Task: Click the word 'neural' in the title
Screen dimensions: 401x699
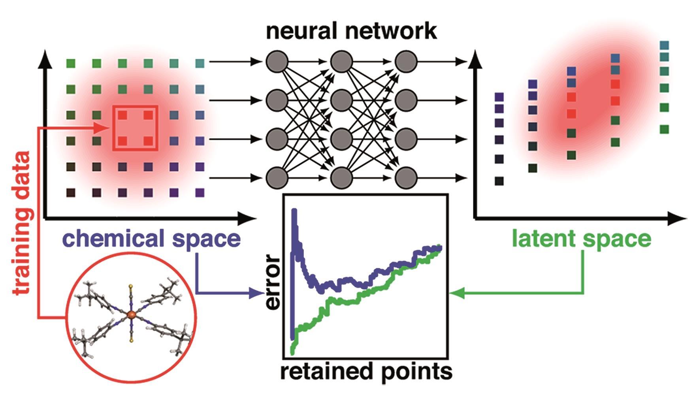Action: pyautogui.click(x=300, y=31)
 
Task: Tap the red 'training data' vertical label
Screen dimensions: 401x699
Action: pyautogui.click(x=22, y=223)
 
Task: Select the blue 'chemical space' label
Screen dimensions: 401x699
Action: pyautogui.click(x=151, y=239)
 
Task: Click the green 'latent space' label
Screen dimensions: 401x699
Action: pyautogui.click(x=581, y=239)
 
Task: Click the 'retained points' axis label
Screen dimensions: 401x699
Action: pyautogui.click(x=366, y=371)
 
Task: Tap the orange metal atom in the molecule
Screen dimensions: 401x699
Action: pyautogui.click(x=131, y=314)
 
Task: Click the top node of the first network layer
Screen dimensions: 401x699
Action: pyautogui.click(x=277, y=62)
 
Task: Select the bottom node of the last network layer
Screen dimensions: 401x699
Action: pyautogui.click(x=406, y=178)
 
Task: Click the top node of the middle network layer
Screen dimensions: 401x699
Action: pyautogui.click(x=341, y=62)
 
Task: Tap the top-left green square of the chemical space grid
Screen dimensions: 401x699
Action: pyautogui.click(x=71, y=63)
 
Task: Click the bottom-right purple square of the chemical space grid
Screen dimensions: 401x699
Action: pyautogui.click(x=200, y=193)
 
